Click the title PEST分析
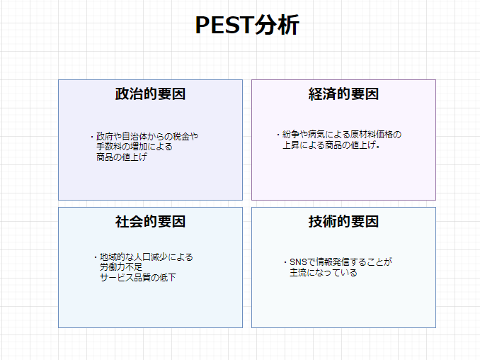[247, 26]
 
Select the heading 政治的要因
[150, 94]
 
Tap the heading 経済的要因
[343, 94]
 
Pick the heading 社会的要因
[150, 222]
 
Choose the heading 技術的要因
[343, 222]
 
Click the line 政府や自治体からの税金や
[147, 136]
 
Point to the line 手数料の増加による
[135, 147]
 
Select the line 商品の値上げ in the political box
[122, 157]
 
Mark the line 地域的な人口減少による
[146, 257]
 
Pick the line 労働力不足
[121, 267]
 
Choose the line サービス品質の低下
[137, 278]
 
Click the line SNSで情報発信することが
[340, 261]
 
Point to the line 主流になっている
[323, 272]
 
